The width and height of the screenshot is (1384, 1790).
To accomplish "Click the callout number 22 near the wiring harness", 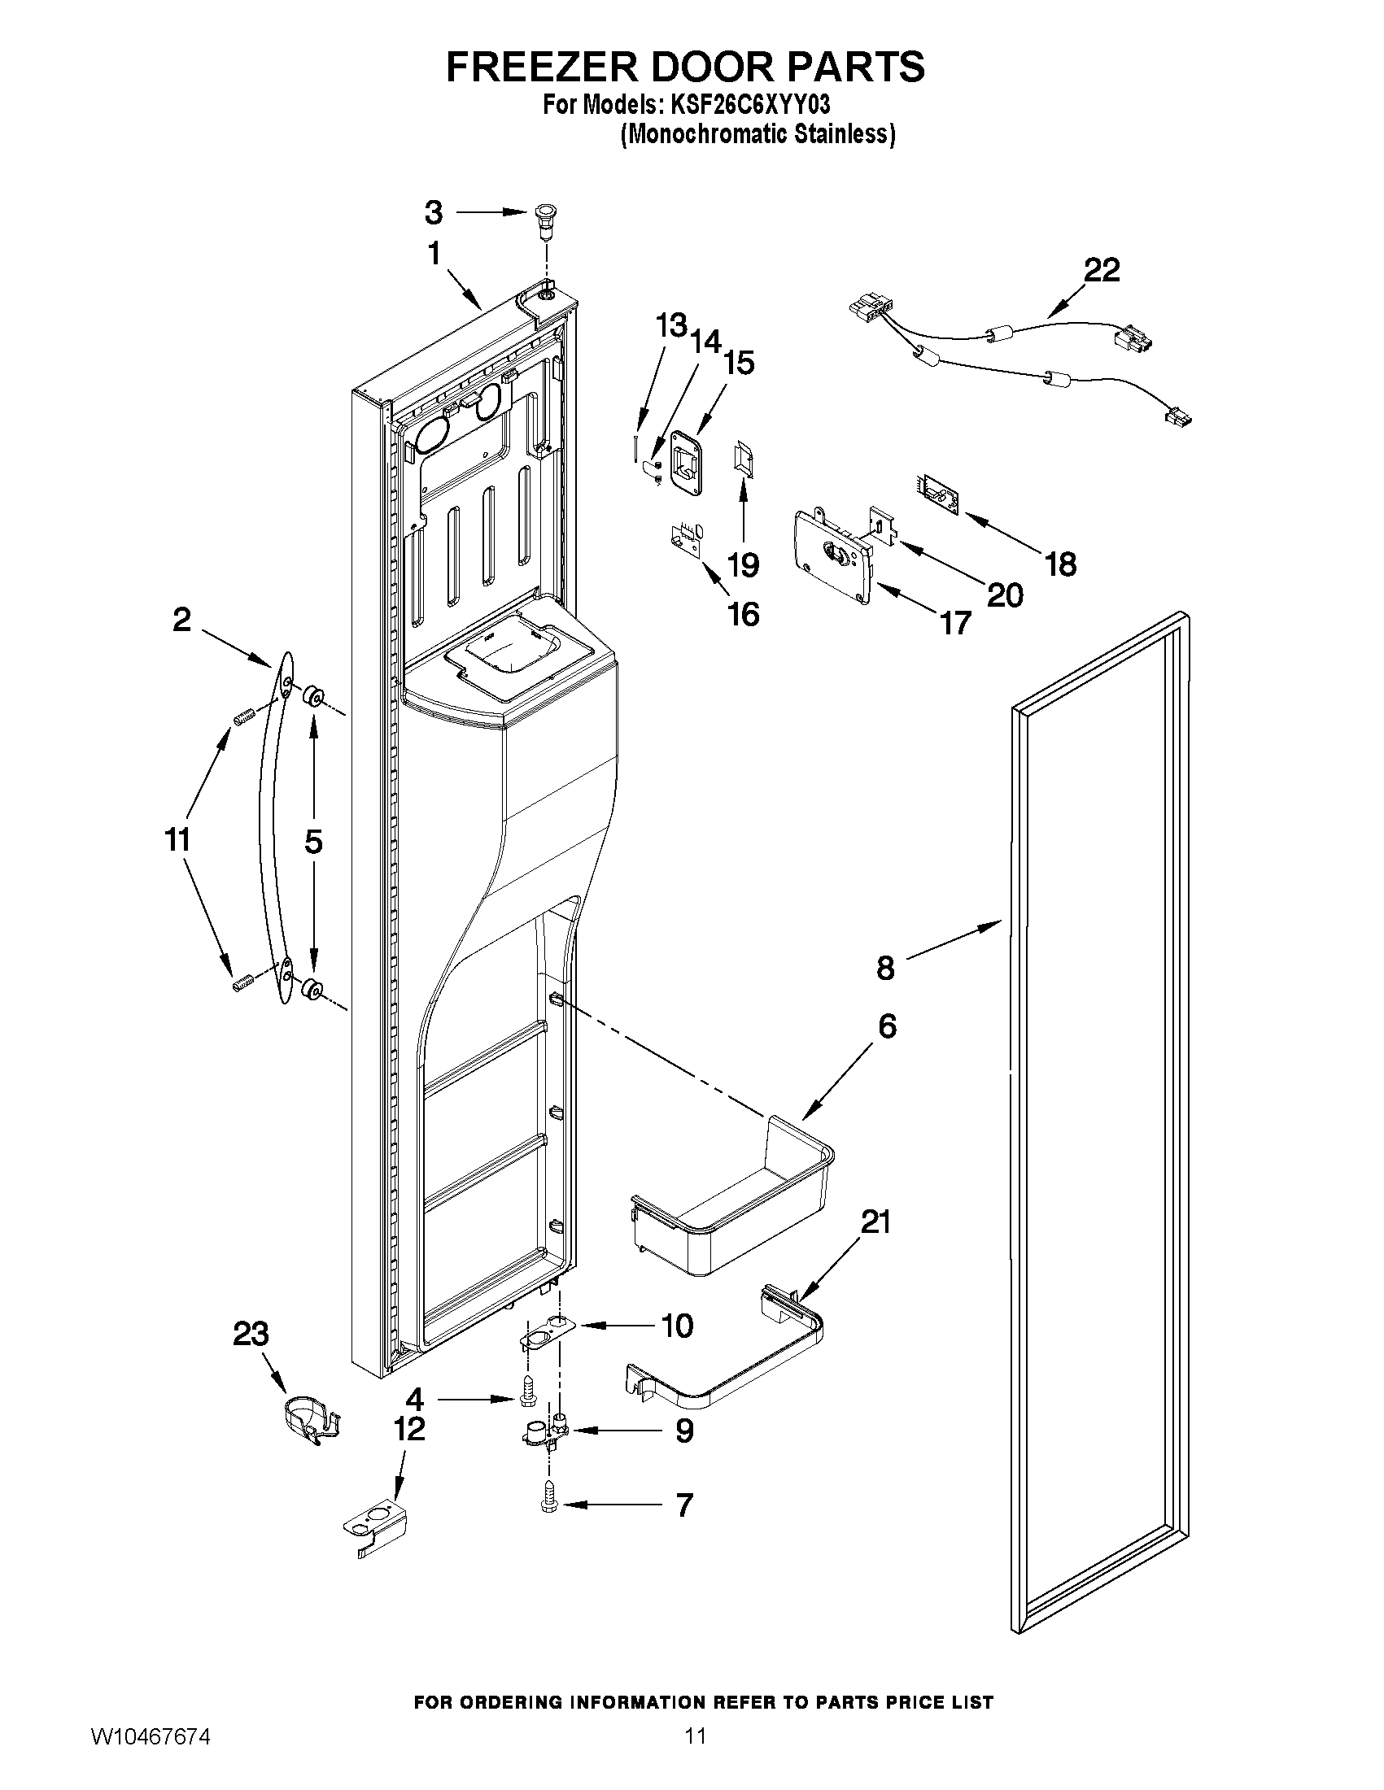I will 1101,270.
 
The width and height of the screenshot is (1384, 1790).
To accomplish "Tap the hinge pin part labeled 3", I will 543,220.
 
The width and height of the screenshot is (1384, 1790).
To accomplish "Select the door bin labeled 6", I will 730,1204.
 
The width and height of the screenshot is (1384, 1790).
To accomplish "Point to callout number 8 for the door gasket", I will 885,968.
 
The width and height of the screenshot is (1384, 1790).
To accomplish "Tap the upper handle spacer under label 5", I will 312,698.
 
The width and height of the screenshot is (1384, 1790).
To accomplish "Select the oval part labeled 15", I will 687,463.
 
